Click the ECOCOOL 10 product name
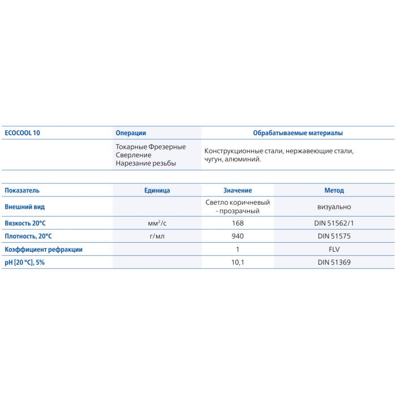pos(22,133)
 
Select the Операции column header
pos(131,133)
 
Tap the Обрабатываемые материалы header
pos(298,133)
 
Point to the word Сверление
pos(134,155)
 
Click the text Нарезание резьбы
pos(145,163)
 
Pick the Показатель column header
pos(22,191)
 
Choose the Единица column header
pos(157,191)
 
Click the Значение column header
pos(238,191)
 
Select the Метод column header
pos(334,191)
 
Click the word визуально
pos(334,207)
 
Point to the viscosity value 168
pos(238,223)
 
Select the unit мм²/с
pos(157,223)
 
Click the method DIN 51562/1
pos(334,223)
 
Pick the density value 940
pos(238,236)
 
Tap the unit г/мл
pos(157,236)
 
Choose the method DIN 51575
pos(334,236)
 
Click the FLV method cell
pos(334,249)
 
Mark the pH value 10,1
pos(238,262)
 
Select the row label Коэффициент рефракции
pos(44,249)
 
